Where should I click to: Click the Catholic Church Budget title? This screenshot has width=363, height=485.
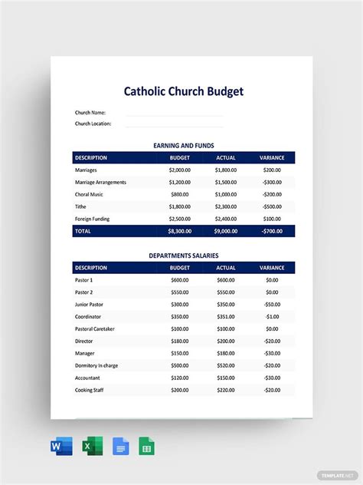(184, 91)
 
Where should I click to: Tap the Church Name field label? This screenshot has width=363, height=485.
(90, 113)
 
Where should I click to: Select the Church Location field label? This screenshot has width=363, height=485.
(93, 123)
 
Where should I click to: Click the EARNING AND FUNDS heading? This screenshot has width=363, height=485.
(184, 145)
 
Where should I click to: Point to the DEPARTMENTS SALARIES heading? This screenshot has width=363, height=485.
(184, 255)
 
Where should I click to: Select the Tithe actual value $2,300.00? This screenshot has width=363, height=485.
(226, 206)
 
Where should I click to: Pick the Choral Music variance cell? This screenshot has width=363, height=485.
(272, 194)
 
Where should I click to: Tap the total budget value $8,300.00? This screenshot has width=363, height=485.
(180, 231)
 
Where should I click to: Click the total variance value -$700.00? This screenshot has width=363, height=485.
(272, 231)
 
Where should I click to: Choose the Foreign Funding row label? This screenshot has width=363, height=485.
(93, 219)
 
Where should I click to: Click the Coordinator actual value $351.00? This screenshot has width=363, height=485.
(226, 316)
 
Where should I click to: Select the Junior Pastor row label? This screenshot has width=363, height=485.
(90, 304)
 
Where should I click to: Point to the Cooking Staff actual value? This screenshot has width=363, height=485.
(226, 390)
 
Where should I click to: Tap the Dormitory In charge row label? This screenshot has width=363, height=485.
(96, 365)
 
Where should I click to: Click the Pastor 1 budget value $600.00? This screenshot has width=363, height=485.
(180, 279)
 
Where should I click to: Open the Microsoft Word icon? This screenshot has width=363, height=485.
(62, 447)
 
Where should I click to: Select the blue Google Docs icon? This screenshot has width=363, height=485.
(120, 447)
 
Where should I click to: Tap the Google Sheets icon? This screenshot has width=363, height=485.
(146, 447)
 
